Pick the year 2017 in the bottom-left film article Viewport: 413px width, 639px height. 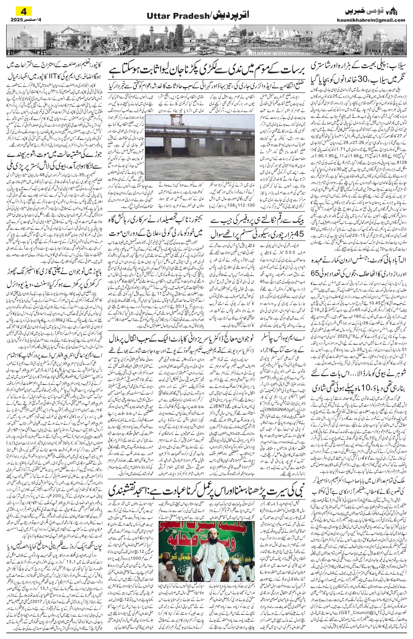pos(54,610)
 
